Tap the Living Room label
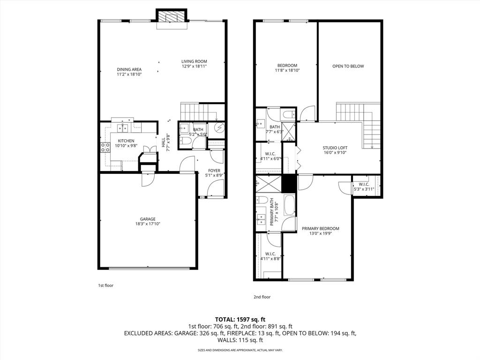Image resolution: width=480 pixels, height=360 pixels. (194, 61)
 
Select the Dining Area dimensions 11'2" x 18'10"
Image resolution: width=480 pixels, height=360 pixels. (129, 74)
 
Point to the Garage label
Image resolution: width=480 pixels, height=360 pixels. (148, 219)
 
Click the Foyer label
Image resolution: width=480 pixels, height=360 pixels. (214, 171)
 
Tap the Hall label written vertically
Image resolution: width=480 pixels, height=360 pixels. (163, 142)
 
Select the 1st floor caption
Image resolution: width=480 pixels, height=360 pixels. (105, 285)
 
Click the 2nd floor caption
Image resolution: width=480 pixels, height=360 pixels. (262, 297)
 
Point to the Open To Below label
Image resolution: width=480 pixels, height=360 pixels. (348, 66)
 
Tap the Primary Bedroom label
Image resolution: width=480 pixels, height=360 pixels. (320, 229)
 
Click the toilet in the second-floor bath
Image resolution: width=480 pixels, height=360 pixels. (288, 115)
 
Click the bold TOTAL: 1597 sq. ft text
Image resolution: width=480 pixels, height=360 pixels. (240, 319)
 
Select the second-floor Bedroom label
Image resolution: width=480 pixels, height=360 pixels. (287, 65)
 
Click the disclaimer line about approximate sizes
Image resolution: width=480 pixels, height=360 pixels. (240, 350)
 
